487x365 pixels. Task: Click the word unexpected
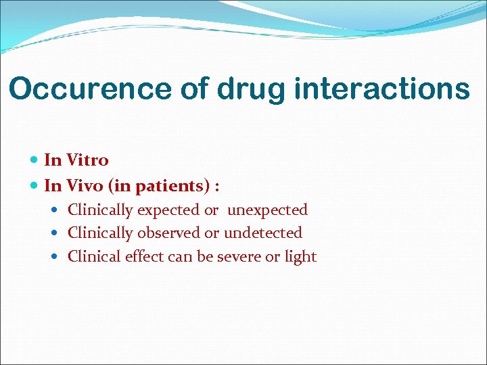[x=267, y=210]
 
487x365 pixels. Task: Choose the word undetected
[x=262, y=233]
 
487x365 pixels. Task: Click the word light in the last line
[x=300, y=257]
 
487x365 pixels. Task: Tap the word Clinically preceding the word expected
[x=100, y=210]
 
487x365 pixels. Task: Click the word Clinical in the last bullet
[x=95, y=257]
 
